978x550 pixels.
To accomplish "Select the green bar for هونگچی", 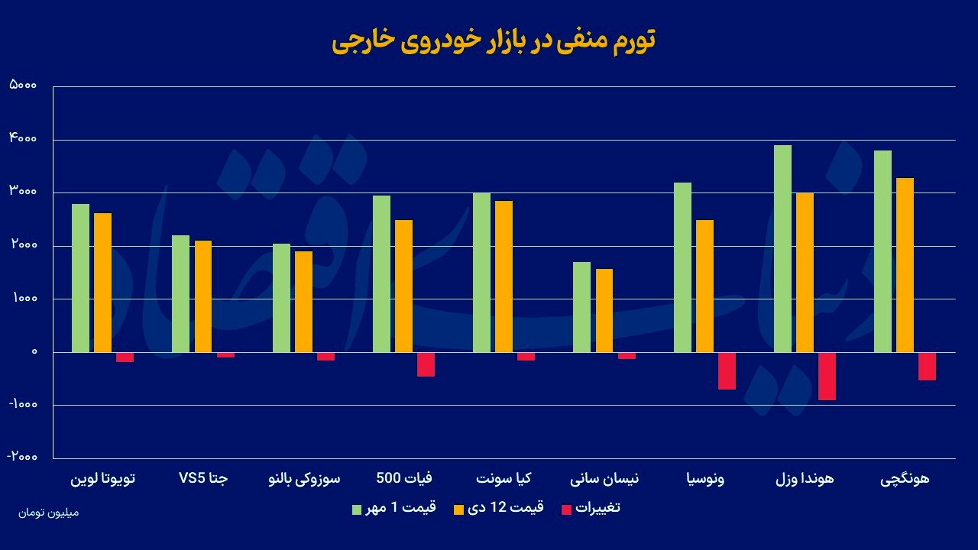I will tap(882, 251).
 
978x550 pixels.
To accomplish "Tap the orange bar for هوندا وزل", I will tap(805, 273).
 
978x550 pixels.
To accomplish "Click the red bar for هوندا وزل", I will tap(827, 376).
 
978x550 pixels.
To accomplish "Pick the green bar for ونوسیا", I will tap(682, 267).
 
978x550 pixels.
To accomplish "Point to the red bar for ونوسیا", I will tap(727, 370).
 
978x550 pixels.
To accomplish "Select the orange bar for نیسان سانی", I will tap(604, 310).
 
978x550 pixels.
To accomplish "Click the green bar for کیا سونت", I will tap(481, 273).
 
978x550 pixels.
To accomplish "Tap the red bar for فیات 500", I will tap(426, 364).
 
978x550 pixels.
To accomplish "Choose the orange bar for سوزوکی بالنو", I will tap(303, 302).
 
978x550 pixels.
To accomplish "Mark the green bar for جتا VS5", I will tap(180, 293).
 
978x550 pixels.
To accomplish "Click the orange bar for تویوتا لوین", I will tap(102, 283).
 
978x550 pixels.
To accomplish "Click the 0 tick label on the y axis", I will tap(34, 352).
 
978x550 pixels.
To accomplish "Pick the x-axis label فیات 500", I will tap(404, 479).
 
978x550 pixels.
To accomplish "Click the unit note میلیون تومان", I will tap(48, 512).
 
